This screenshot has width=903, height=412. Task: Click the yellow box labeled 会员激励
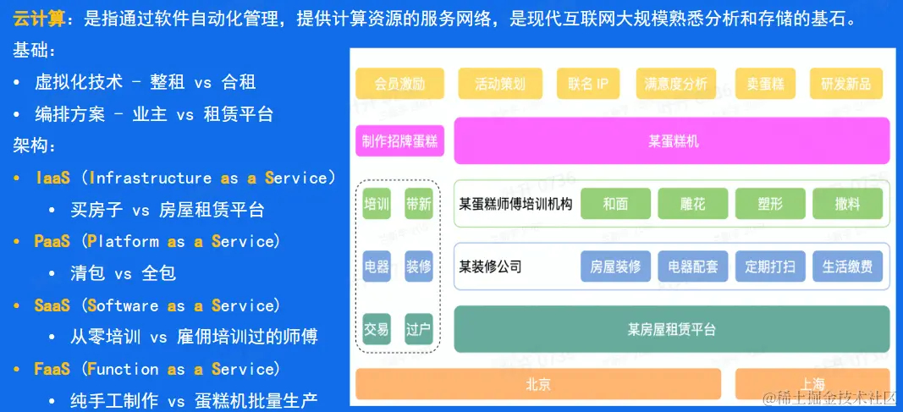point(399,84)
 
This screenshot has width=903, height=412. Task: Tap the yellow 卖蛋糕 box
point(765,84)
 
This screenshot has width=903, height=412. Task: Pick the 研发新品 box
point(846,84)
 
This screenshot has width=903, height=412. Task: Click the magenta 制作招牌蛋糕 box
point(399,141)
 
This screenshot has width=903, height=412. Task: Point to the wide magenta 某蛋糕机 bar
point(672,141)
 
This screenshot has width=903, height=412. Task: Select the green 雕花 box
point(693,204)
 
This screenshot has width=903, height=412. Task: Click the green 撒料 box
point(848,204)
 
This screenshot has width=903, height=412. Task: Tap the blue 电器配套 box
point(693,266)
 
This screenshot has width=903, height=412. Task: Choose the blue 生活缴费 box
point(848,266)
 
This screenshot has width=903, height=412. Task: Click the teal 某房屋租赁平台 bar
point(672,329)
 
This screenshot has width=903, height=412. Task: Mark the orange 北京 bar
point(538,384)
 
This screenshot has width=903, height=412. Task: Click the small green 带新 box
point(419,204)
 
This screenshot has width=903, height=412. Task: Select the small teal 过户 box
point(419,329)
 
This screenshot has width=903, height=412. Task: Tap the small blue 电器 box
point(377,266)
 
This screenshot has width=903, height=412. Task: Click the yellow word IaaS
point(53,178)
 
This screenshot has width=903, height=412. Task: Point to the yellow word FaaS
point(52,369)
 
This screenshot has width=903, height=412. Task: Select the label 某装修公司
point(490,266)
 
